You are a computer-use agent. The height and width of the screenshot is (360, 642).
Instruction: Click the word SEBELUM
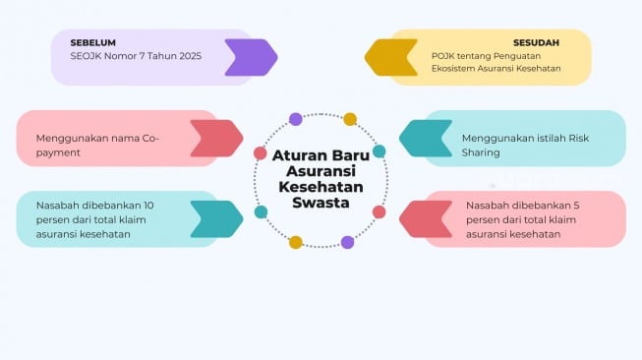click(x=92, y=42)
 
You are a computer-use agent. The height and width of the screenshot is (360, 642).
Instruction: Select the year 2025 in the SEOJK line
click(x=185, y=56)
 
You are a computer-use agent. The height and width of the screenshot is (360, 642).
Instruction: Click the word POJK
click(x=443, y=56)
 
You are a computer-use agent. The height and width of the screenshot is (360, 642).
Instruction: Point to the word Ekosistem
click(x=457, y=68)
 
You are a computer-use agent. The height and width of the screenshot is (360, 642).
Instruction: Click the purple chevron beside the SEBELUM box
click(x=250, y=57)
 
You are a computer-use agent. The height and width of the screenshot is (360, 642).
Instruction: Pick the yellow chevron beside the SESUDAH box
click(x=391, y=57)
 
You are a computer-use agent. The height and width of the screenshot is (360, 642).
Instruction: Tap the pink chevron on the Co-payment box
click(x=215, y=139)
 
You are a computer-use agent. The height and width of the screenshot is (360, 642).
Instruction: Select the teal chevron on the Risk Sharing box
click(x=426, y=139)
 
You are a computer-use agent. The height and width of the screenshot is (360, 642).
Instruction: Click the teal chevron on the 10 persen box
click(x=215, y=219)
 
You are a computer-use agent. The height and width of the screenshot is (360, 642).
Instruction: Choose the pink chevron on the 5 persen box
click(x=426, y=219)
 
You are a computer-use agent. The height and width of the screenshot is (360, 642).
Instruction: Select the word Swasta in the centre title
click(x=321, y=202)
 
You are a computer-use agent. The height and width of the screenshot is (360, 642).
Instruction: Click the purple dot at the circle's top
click(x=296, y=119)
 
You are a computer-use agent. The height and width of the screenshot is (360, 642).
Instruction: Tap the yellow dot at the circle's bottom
click(x=295, y=242)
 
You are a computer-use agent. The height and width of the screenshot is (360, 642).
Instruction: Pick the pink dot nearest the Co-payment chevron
click(x=261, y=152)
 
